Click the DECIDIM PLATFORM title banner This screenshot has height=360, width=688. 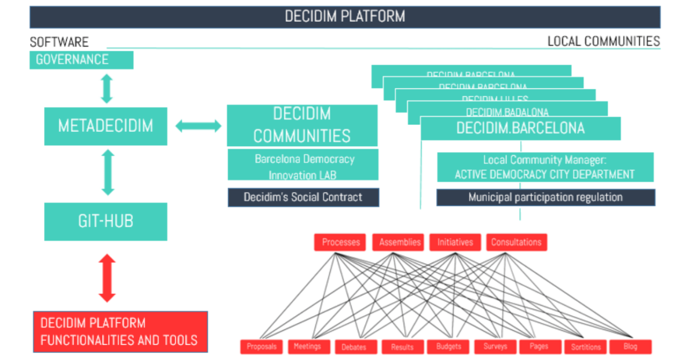coord(345,16)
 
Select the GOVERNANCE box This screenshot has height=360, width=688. coord(81,60)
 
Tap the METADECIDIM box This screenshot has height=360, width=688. coord(105,126)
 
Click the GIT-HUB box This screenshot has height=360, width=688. coord(105,221)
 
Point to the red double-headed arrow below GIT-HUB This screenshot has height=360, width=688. coord(107,278)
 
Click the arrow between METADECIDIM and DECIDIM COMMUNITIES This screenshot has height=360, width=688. coord(198,126)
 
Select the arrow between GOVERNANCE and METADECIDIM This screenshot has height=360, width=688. coord(107,88)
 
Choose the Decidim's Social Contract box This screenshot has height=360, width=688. coord(303,197)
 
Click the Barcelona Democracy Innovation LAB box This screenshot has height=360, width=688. coord(303,166)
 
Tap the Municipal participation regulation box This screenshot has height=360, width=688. coord(545,197)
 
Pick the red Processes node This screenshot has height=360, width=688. coord(341,242)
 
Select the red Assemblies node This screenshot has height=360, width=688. coord(400,242)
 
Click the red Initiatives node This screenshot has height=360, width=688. coord(455,242)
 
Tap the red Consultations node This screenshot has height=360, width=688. coord(516,242)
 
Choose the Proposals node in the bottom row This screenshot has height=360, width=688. coord(262,347)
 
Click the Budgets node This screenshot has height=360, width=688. coord(448,347)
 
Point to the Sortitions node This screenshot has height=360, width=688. coord(586,347)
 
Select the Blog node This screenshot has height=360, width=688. coord(630,347)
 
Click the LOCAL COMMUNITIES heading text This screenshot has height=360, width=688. coord(603,41)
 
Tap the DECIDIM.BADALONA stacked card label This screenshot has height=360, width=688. coord(507,112)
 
